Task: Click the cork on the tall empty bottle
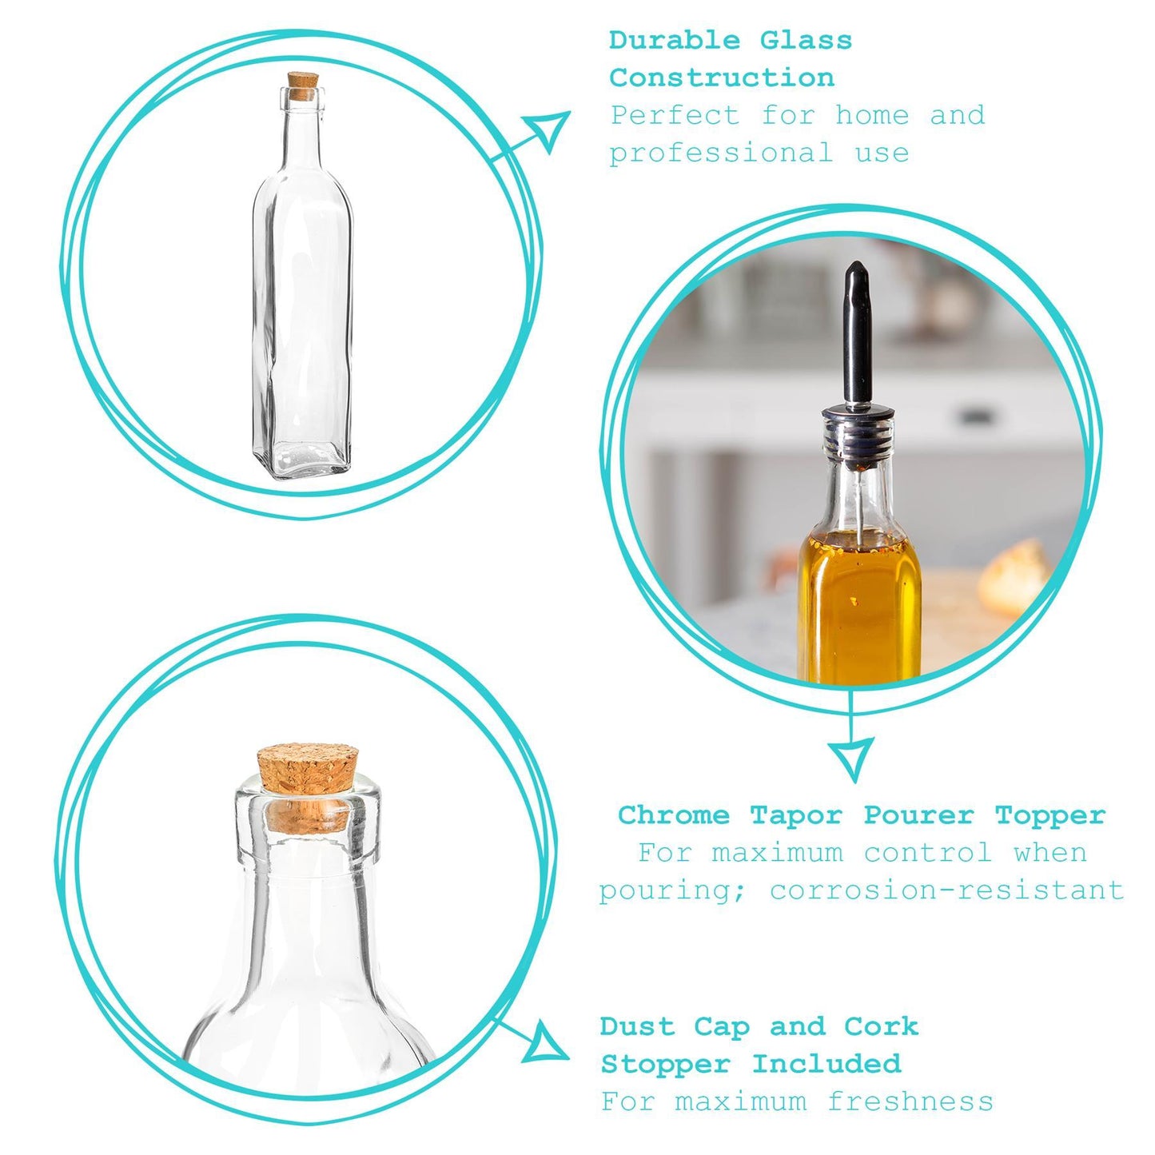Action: [x=303, y=86]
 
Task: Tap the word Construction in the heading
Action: [x=721, y=78]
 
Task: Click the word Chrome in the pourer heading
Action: [x=673, y=815]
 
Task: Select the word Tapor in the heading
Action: [x=795, y=815]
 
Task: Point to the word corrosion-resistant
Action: [x=946, y=890]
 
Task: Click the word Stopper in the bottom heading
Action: [x=665, y=1064]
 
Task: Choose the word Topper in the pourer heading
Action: [x=1049, y=815]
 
